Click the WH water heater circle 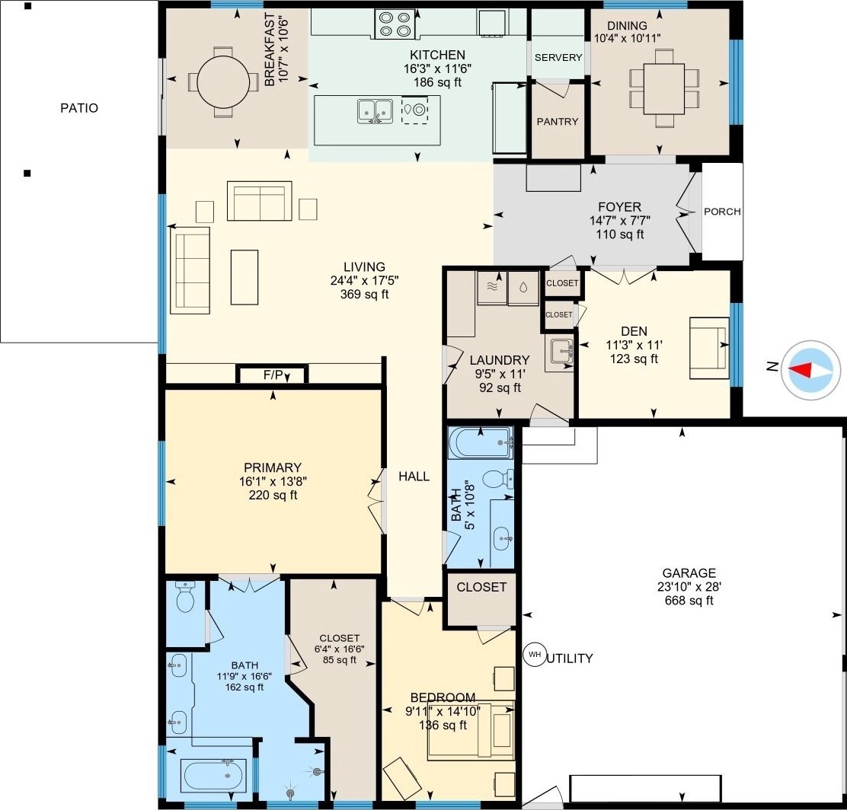pos(535,655)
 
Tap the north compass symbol pos(810,371)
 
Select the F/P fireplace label pos(273,375)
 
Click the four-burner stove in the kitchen pos(395,25)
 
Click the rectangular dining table pos(664,88)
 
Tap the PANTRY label pos(558,122)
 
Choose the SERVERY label pos(558,57)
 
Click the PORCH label pos(722,212)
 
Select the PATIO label pos(79,108)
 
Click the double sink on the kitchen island pos(375,110)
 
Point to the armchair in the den pos(709,349)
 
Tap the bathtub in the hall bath pos(481,443)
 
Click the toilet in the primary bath pos(185,597)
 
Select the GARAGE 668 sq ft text pos(689,586)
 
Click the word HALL pos(414,477)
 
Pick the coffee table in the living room pos(245,277)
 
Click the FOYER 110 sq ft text pos(620,220)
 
